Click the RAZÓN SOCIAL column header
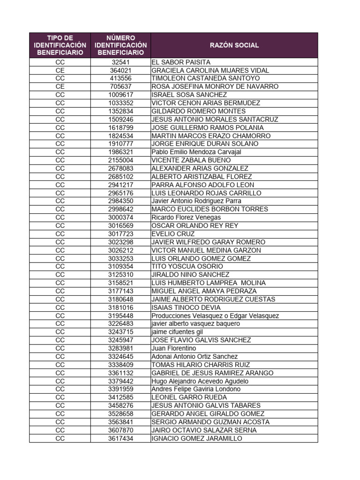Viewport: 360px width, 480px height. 234,45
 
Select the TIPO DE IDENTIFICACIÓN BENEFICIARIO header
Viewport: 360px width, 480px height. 60,45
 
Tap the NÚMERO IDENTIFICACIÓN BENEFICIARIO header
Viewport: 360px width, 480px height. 120,45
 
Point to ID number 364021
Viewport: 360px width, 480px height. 120,70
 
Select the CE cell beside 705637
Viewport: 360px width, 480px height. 60,87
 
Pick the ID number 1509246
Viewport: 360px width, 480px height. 120,120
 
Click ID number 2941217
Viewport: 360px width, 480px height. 120,185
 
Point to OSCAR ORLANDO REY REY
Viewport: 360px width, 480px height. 195,226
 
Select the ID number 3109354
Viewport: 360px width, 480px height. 120,267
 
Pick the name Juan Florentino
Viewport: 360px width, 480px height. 174,348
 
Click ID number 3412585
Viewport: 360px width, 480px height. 120,397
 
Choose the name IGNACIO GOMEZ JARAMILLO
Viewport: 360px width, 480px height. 197,438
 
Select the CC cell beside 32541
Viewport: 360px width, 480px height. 60,62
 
